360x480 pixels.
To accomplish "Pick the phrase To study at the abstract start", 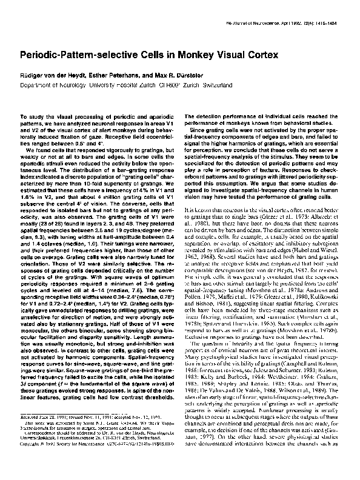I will [x=32, y=115].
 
